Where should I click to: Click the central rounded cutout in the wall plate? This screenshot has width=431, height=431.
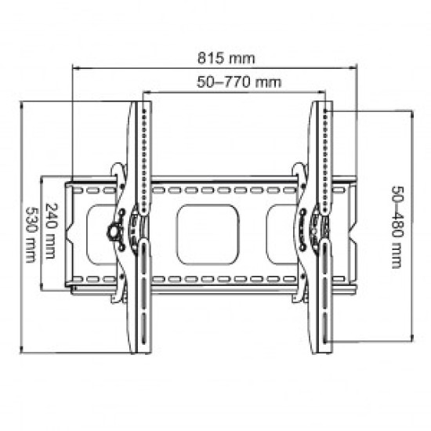tap(208, 234)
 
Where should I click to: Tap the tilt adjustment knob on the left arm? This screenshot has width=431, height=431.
tap(114, 233)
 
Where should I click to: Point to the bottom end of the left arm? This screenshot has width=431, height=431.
tap(143, 350)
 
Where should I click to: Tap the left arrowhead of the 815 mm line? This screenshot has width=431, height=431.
tap(74, 68)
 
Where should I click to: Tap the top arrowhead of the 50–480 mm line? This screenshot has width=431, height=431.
tap(410, 113)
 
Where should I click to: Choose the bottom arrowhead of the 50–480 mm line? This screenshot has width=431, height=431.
tap(410, 340)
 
